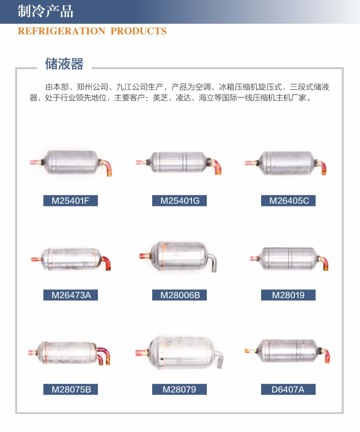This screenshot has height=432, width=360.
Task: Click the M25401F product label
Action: coord(71,201)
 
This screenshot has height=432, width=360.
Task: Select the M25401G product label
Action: coord(180,201)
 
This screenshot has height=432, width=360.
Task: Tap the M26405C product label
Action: coord(288,201)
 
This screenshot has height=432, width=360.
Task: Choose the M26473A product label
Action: coord(71,295)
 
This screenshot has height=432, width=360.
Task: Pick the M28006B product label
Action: coord(180,295)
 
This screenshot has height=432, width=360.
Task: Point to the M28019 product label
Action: coord(288,295)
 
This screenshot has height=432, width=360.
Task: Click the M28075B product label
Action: coord(71,389)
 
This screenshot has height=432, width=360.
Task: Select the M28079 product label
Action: coord(180,389)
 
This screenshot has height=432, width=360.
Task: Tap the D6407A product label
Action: coord(288,389)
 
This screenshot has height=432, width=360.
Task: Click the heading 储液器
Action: coord(64,64)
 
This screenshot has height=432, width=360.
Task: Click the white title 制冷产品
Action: coord(46,12)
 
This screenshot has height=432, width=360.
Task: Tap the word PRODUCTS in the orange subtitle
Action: coord(139,31)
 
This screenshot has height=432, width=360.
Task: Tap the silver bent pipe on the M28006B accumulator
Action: coord(213,263)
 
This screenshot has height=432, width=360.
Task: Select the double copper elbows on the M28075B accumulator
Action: coord(103,358)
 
